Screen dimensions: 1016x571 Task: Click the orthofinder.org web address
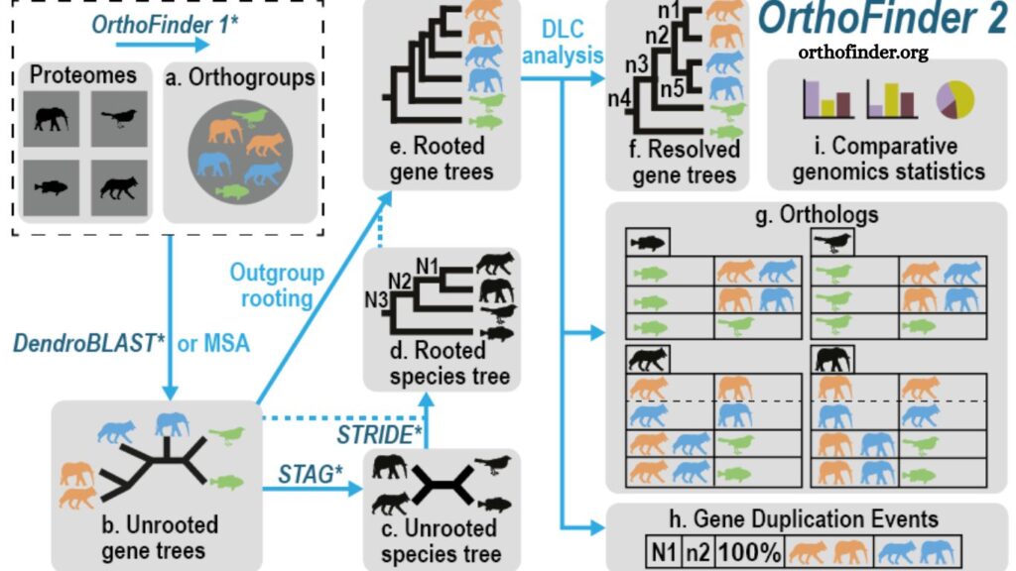(862, 52)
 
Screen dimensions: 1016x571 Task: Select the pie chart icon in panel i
(955, 100)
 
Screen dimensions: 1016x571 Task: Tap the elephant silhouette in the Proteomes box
(52, 119)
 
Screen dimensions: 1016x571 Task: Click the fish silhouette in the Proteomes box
(52, 187)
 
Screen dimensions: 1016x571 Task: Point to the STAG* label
(311, 475)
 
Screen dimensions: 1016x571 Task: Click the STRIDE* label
(380, 434)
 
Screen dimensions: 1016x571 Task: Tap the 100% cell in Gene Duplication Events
(750, 552)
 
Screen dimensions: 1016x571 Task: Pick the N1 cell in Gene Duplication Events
(664, 552)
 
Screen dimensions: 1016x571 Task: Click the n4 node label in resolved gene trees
(619, 98)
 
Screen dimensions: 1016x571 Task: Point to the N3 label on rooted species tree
(376, 300)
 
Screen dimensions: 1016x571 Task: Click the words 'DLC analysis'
(563, 42)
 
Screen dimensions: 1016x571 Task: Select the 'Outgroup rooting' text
(277, 285)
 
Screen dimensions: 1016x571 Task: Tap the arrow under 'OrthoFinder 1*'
(163, 45)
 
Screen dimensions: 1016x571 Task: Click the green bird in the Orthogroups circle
(250, 117)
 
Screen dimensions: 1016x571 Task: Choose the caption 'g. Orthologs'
(818, 214)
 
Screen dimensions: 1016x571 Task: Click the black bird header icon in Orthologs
(832, 242)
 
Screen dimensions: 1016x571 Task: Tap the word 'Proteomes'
(83, 75)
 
